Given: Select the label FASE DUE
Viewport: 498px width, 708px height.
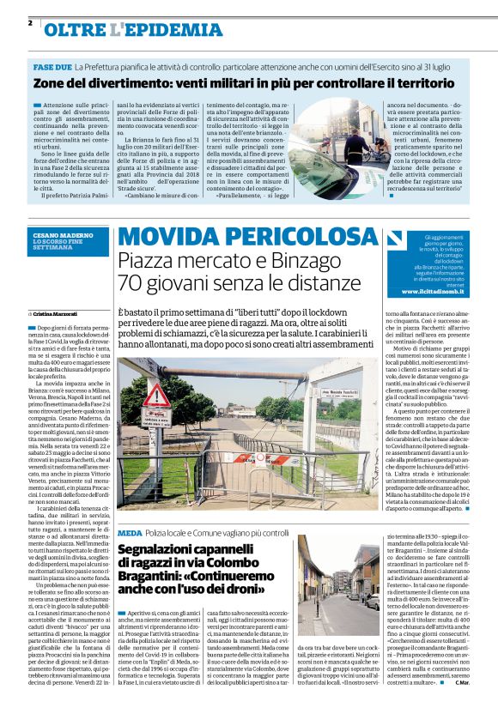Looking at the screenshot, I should [52, 66].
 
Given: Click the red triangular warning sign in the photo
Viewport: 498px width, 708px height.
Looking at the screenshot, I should [156, 396].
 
